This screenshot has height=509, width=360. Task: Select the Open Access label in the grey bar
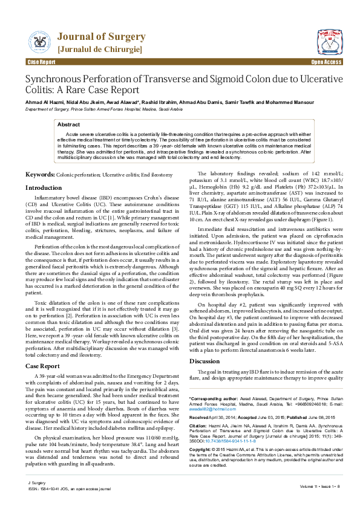[x=326, y=62]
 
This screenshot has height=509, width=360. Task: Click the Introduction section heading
[x=44, y=189]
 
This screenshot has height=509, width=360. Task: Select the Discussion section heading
[x=205, y=361]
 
